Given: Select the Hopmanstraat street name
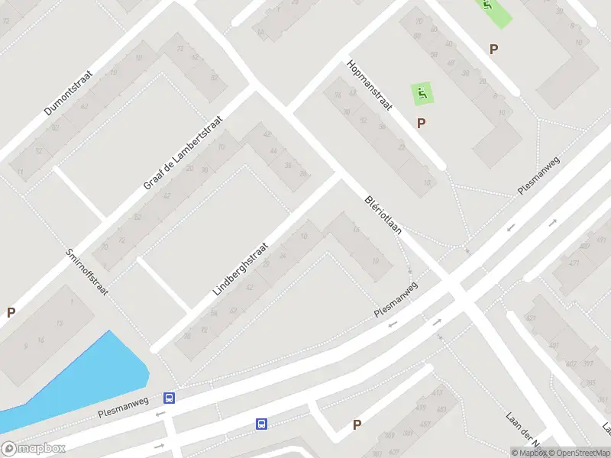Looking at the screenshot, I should (x=370, y=85).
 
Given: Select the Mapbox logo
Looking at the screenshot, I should (x=33, y=449).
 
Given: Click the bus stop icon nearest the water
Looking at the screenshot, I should (x=169, y=398).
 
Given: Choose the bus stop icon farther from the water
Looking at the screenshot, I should (x=261, y=424).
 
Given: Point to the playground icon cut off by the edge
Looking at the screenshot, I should (x=488, y=7).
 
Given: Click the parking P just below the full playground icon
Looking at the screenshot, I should (x=421, y=123).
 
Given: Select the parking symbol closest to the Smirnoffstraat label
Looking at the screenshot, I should (x=11, y=312).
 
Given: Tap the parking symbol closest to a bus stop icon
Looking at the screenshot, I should (x=356, y=425).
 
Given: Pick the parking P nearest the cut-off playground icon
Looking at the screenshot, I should (x=494, y=49).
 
